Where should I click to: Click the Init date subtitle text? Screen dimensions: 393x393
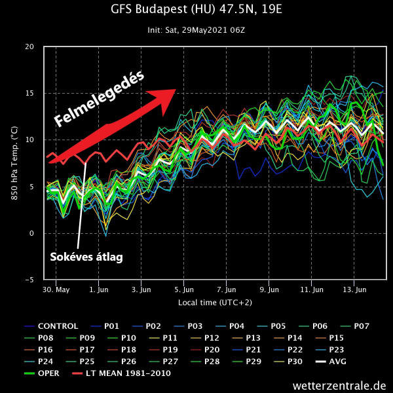click(x=196, y=29)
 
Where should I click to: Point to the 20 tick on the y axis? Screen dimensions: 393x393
click(x=29, y=47)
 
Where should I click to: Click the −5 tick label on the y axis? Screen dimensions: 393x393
click(x=28, y=280)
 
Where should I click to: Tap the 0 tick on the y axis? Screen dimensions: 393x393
click(x=31, y=233)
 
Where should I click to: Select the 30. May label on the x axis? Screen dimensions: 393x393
click(x=56, y=289)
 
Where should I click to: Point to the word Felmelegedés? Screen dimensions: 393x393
click(x=98, y=98)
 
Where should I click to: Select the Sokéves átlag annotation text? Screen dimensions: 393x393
click(x=86, y=257)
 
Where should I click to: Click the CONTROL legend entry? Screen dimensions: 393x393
click(x=58, y=326)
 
